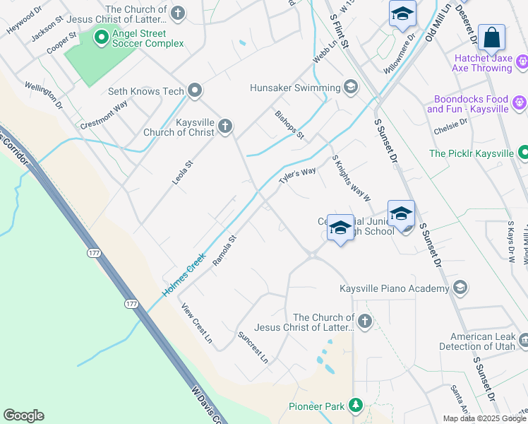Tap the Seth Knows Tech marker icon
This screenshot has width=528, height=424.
coord(196,90)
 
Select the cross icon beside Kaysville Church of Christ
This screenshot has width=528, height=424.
coord(224,126)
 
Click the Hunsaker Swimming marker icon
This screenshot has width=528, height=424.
coord(350,88)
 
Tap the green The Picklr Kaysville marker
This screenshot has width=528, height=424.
coord(524,153)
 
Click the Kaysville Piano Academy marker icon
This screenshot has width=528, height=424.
coord(460,288)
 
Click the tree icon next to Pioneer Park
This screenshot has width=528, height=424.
coord(356,406)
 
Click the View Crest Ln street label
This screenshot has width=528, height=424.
coord(196,323)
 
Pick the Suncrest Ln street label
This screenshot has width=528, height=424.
coord(253,347)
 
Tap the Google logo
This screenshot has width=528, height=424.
coord(23,416)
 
